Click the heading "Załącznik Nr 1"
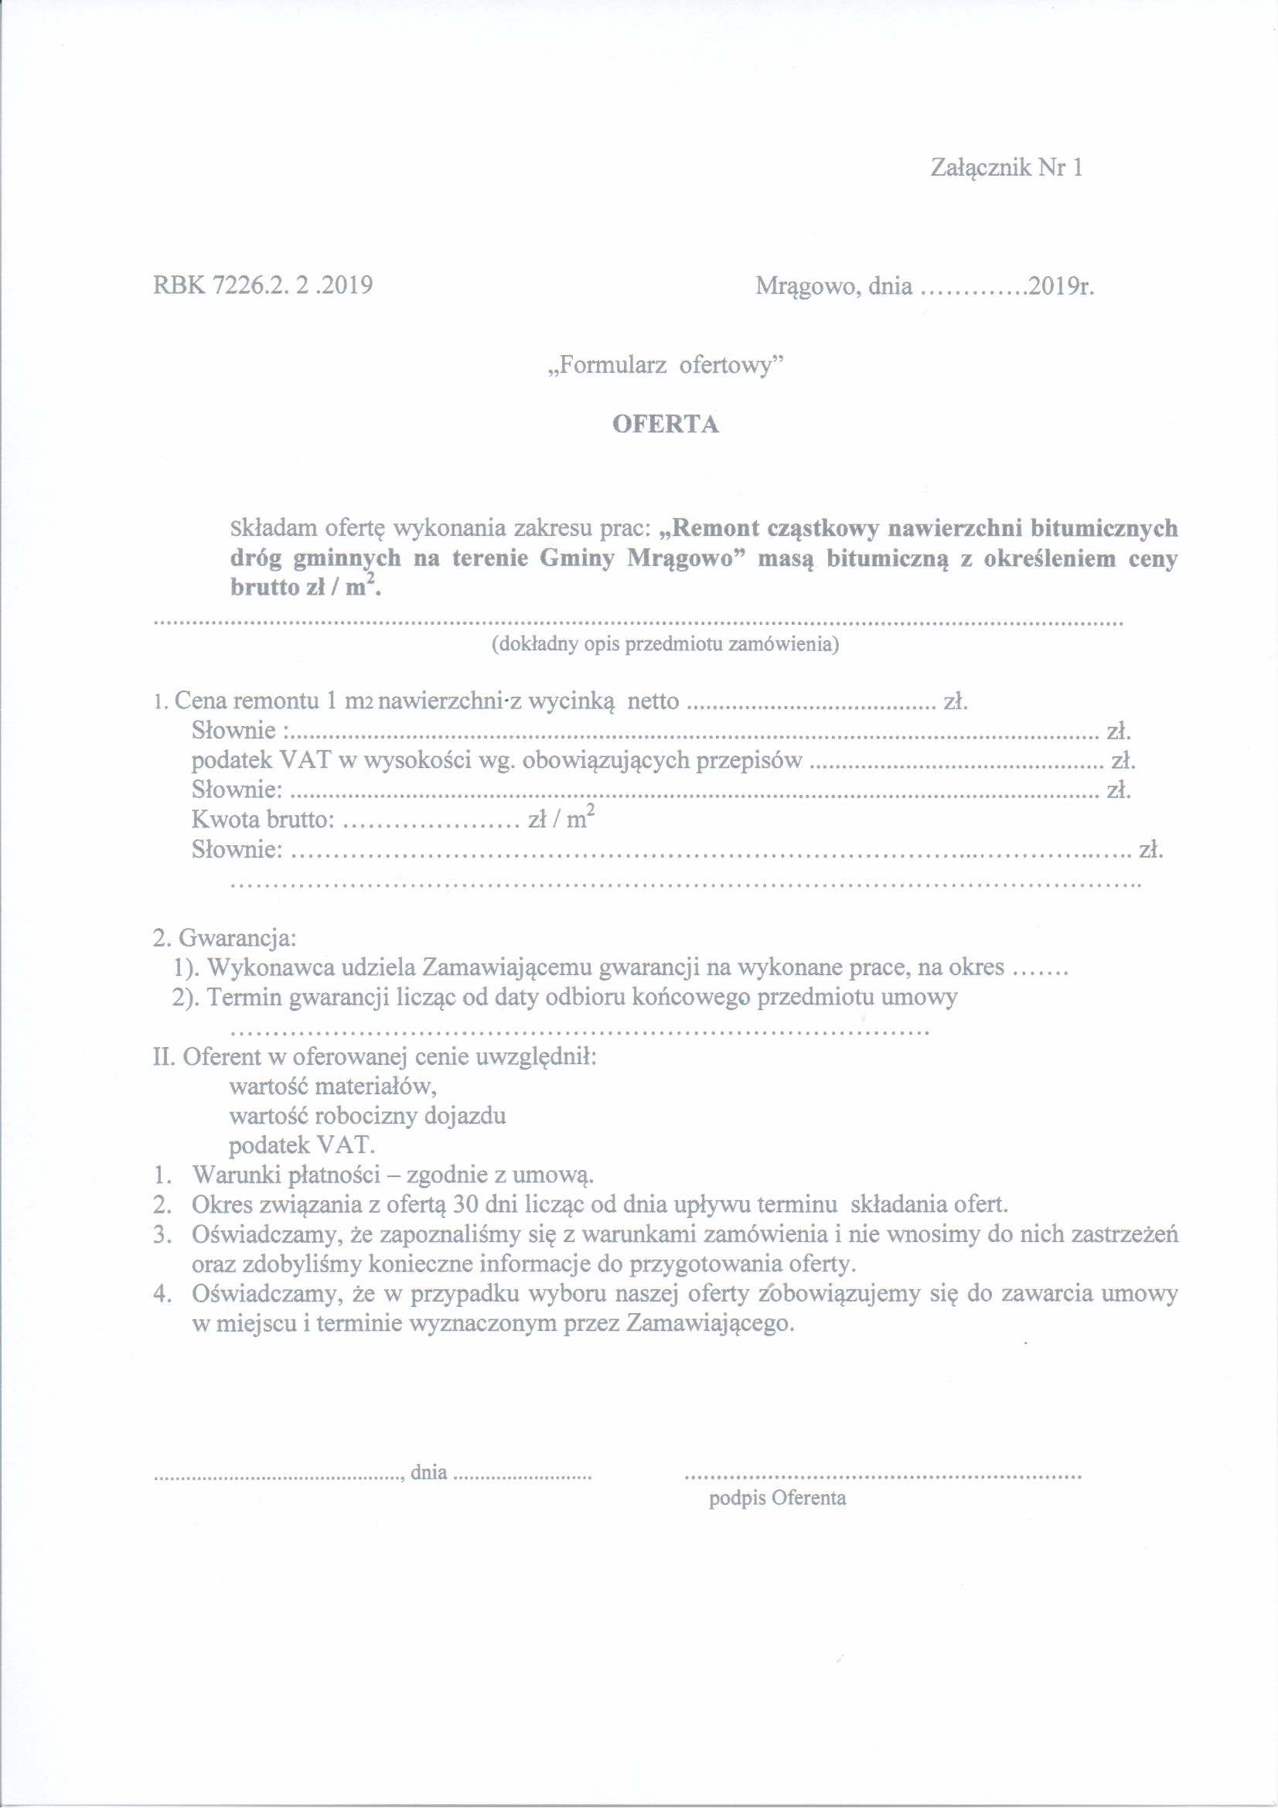point(1007,168)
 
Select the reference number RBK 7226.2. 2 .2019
point(262,285)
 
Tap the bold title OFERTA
point(666,425)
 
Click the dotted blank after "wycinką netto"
point(811,701)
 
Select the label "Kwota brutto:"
point(263,820)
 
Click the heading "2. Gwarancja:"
point(224,939)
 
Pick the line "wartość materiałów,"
point(332,1087)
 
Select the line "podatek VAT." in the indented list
point(303,1145)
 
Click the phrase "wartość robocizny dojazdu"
point(367,1116)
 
